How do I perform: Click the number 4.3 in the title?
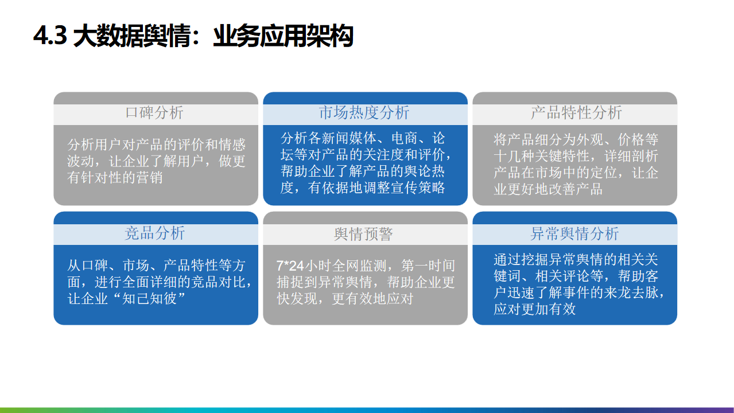(50, 36)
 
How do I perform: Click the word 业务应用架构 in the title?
(283, 36)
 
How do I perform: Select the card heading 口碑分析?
(154, 112)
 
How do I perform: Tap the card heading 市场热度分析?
(364, 112)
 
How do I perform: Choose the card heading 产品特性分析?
(576, 112)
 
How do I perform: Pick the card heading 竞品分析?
(155, 233)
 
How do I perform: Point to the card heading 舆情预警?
(363, 234)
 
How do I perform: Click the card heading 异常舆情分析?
(574, 234)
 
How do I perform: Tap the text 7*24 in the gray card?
(290, 266)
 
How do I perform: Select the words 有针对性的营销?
(115, 177)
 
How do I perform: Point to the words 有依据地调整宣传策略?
(376, 188)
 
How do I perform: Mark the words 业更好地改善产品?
(548, 189)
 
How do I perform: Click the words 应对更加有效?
(535, 309)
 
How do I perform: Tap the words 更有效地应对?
(373, 298)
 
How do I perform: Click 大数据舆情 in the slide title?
(133, 36)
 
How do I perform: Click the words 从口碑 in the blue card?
(87, 265)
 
